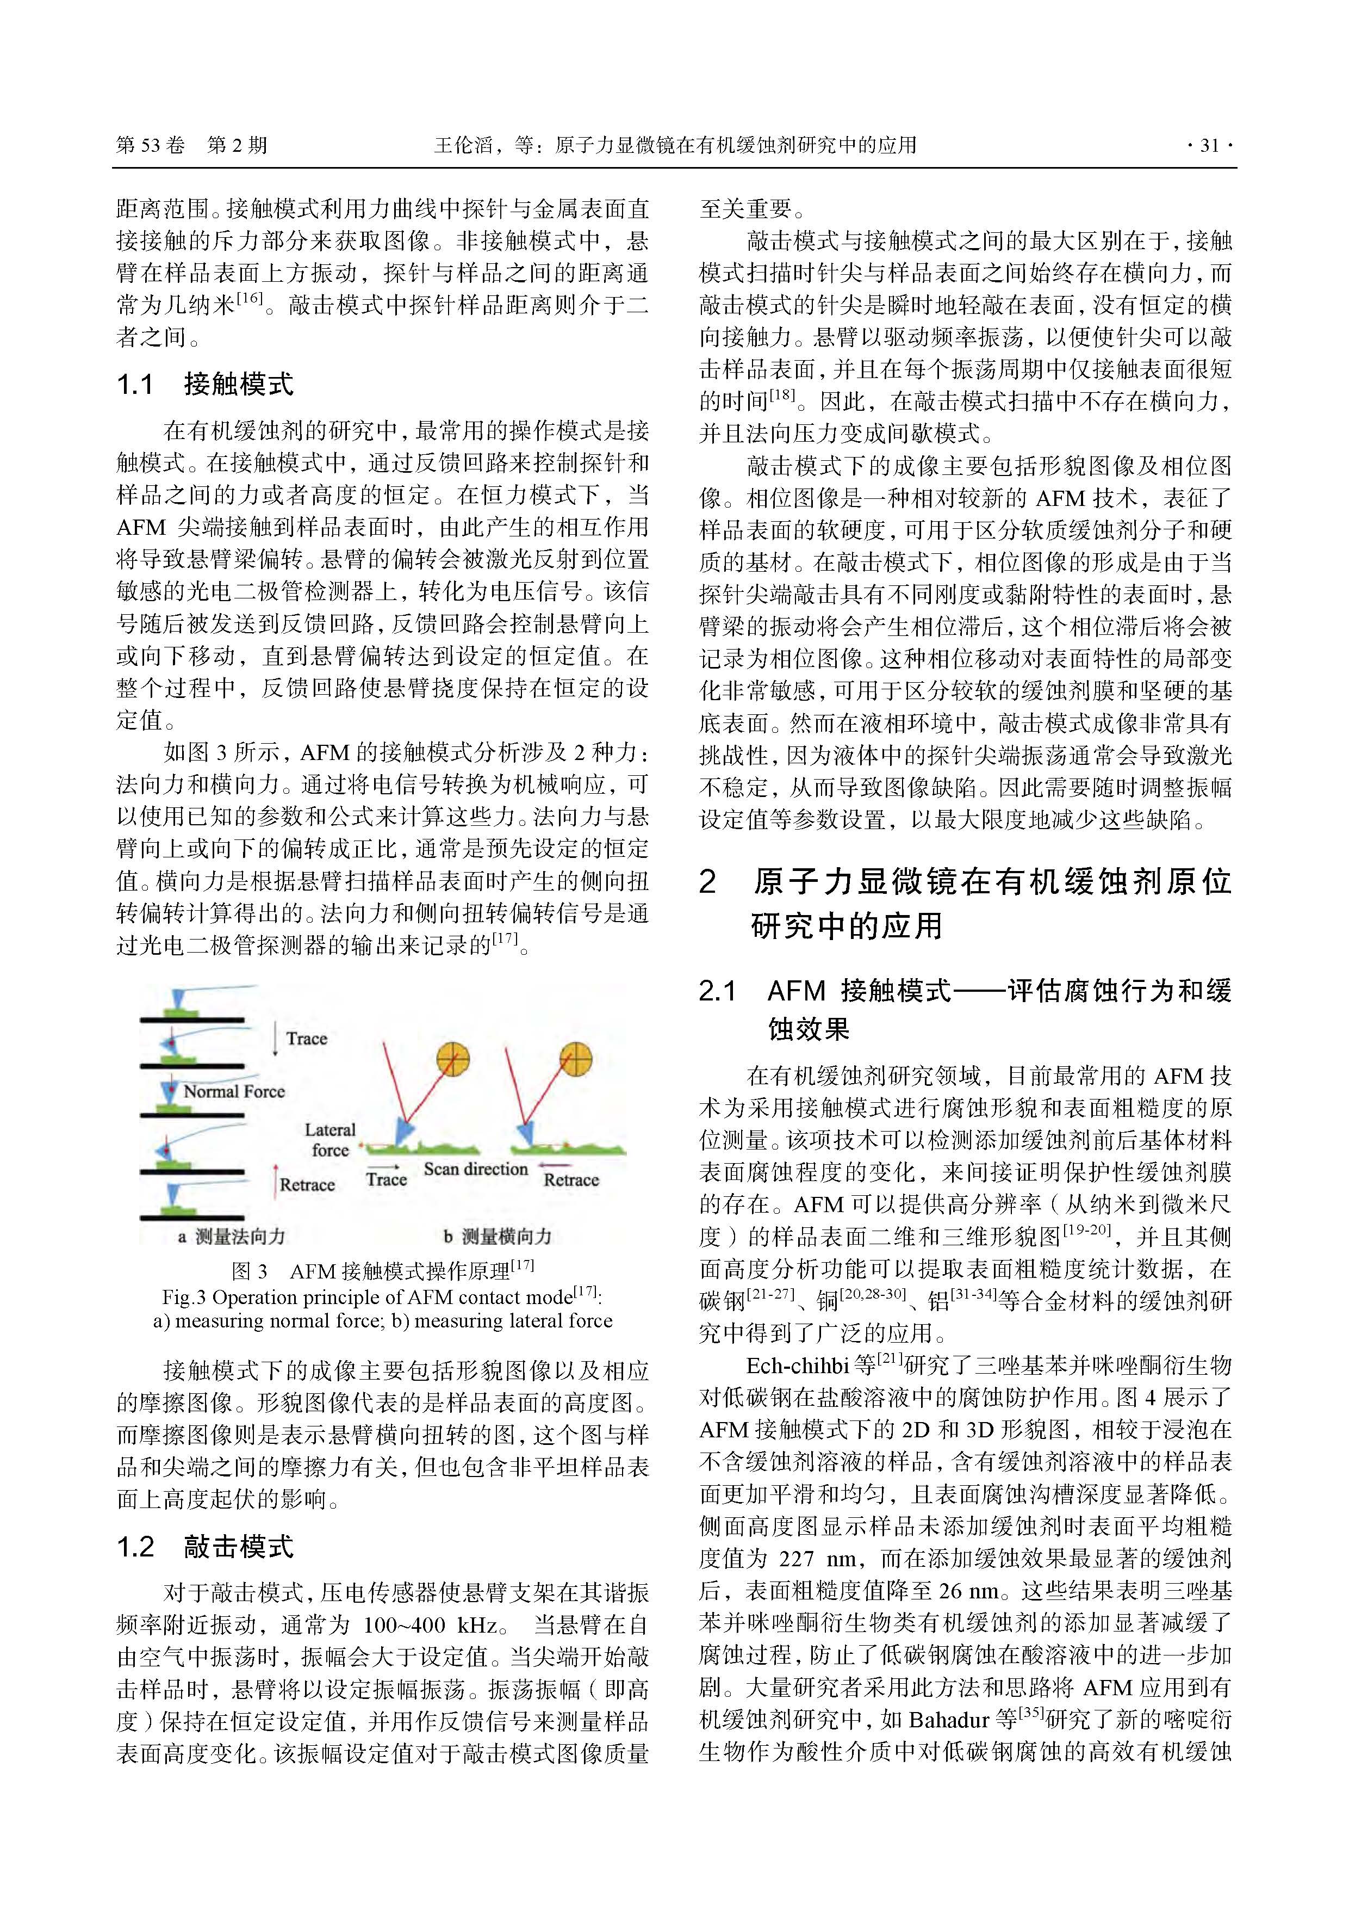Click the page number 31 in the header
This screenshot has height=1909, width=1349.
tap(1209, 145)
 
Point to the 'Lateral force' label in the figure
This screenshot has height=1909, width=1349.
tap(330, 1139)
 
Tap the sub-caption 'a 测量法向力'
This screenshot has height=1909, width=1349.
tap(231, 1237)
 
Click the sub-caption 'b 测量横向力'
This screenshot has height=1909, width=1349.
tap(497, 1237)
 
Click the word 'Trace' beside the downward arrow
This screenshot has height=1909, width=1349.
tap(306, 1039)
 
